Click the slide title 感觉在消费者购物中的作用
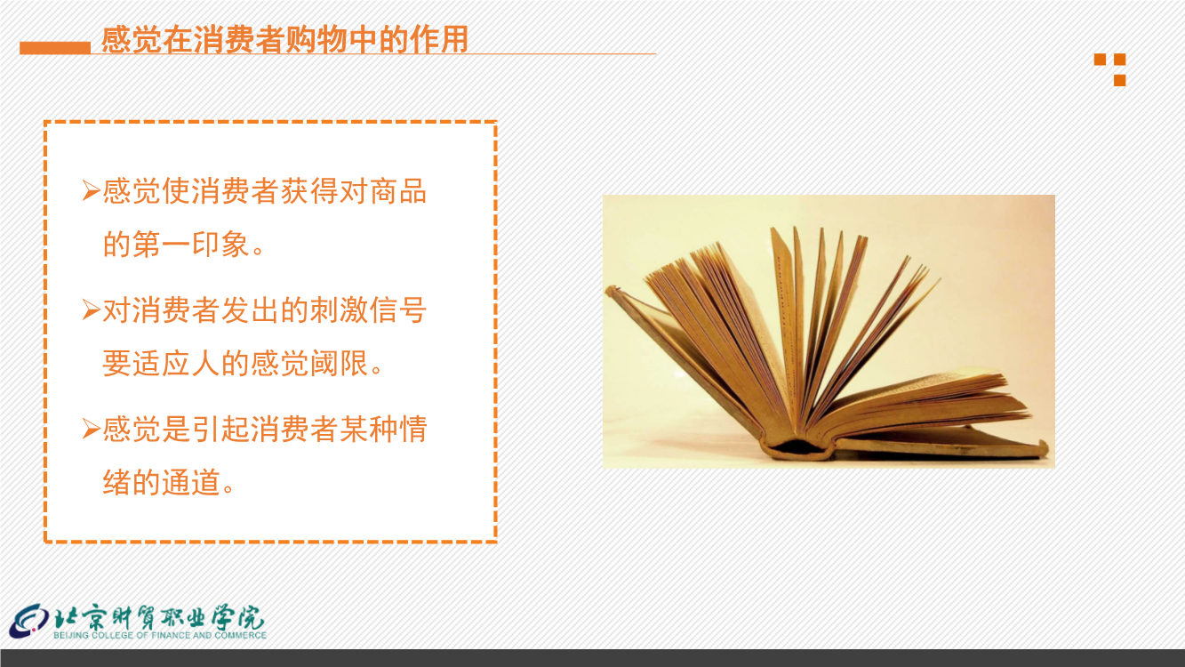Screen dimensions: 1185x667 click(284, 40)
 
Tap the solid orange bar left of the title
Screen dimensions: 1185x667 click(55, 48)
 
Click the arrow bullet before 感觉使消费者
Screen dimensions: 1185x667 click(91, 190)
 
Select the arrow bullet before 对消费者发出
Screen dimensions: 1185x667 click(91, 309)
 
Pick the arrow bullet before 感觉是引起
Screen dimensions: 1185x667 click(91, 429)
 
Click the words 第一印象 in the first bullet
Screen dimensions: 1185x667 click(190, 245)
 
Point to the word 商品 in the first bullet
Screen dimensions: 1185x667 click(398, 191)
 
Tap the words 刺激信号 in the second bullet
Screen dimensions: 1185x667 click(368, 310)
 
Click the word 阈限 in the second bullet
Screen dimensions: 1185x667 click(339, 364)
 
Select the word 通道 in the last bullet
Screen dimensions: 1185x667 click(190, 482)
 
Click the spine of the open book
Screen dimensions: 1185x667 click(797, 448)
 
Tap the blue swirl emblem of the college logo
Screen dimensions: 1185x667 click(29, 621)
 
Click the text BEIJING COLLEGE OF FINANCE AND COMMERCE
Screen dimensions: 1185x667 click(160, 635)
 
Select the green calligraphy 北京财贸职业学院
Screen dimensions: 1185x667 click(160, 616)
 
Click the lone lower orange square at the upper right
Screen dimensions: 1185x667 click(1120, 80)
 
